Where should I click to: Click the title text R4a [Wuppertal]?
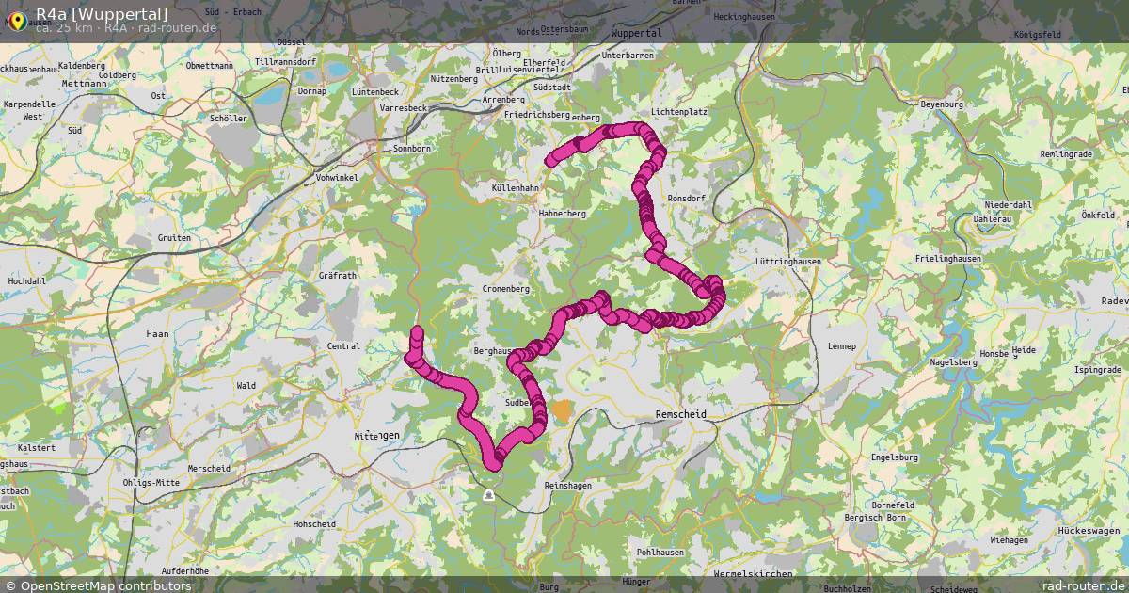(x=102, y=13)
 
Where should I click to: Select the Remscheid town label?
(x=680, y=414)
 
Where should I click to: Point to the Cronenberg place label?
(x=505, y=289)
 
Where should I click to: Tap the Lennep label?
(x=842, y=346)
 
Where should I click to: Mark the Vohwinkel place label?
(x=337, y=178)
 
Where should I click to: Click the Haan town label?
(x=157, y=334)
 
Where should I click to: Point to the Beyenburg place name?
(x=943, y=104)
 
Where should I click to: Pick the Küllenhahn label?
(x=515, y=188)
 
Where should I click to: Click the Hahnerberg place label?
(x=563, y=214)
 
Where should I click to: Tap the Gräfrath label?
(x=338, y=276)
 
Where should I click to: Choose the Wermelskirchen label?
(x=753, y=573)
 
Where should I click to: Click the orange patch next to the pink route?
(x=562, y=410)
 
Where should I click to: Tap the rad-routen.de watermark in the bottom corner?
(x=1084, y=585)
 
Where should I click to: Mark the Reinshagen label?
(x=568, y=485)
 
